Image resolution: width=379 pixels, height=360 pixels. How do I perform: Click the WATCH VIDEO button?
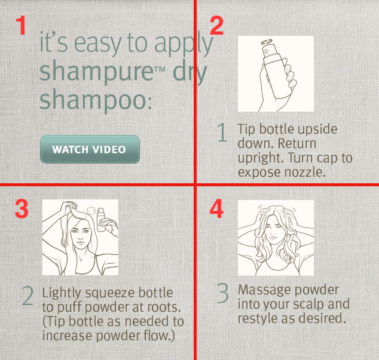90,149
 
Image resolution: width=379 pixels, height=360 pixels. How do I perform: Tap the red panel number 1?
21,25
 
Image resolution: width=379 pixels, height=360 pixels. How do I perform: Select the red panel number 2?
216,25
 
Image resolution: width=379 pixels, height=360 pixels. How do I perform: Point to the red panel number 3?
22,209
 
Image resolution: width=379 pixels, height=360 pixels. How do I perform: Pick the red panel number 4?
216,208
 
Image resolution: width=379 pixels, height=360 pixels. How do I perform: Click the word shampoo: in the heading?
96,100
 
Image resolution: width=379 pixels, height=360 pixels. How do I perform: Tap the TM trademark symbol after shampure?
160,70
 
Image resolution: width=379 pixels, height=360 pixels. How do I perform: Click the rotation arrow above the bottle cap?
267,42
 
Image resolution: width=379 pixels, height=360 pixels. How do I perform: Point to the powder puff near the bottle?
92,211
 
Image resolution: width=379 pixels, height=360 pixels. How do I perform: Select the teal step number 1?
222,132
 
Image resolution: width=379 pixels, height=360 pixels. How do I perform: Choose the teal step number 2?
27,296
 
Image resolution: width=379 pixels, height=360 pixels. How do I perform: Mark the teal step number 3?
222,293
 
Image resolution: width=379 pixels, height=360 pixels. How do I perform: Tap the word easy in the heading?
98,44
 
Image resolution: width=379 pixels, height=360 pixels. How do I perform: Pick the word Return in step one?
297,143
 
